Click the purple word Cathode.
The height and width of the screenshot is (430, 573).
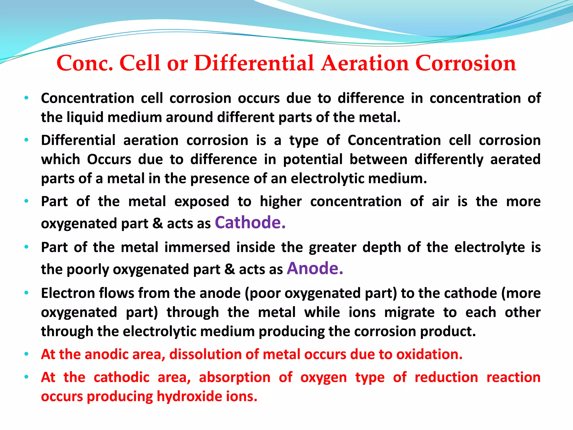[250, 223]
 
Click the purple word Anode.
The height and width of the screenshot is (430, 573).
[314, 269]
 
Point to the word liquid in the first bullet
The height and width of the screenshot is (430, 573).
[85, 118]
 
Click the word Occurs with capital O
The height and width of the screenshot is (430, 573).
[109, 160]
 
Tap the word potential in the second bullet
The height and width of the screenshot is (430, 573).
[313, 160]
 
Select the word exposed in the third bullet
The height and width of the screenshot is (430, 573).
[202, 202]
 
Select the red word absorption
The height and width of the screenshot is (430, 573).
[234, 377]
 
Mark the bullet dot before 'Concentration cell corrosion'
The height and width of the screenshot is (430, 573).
[26, 98]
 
